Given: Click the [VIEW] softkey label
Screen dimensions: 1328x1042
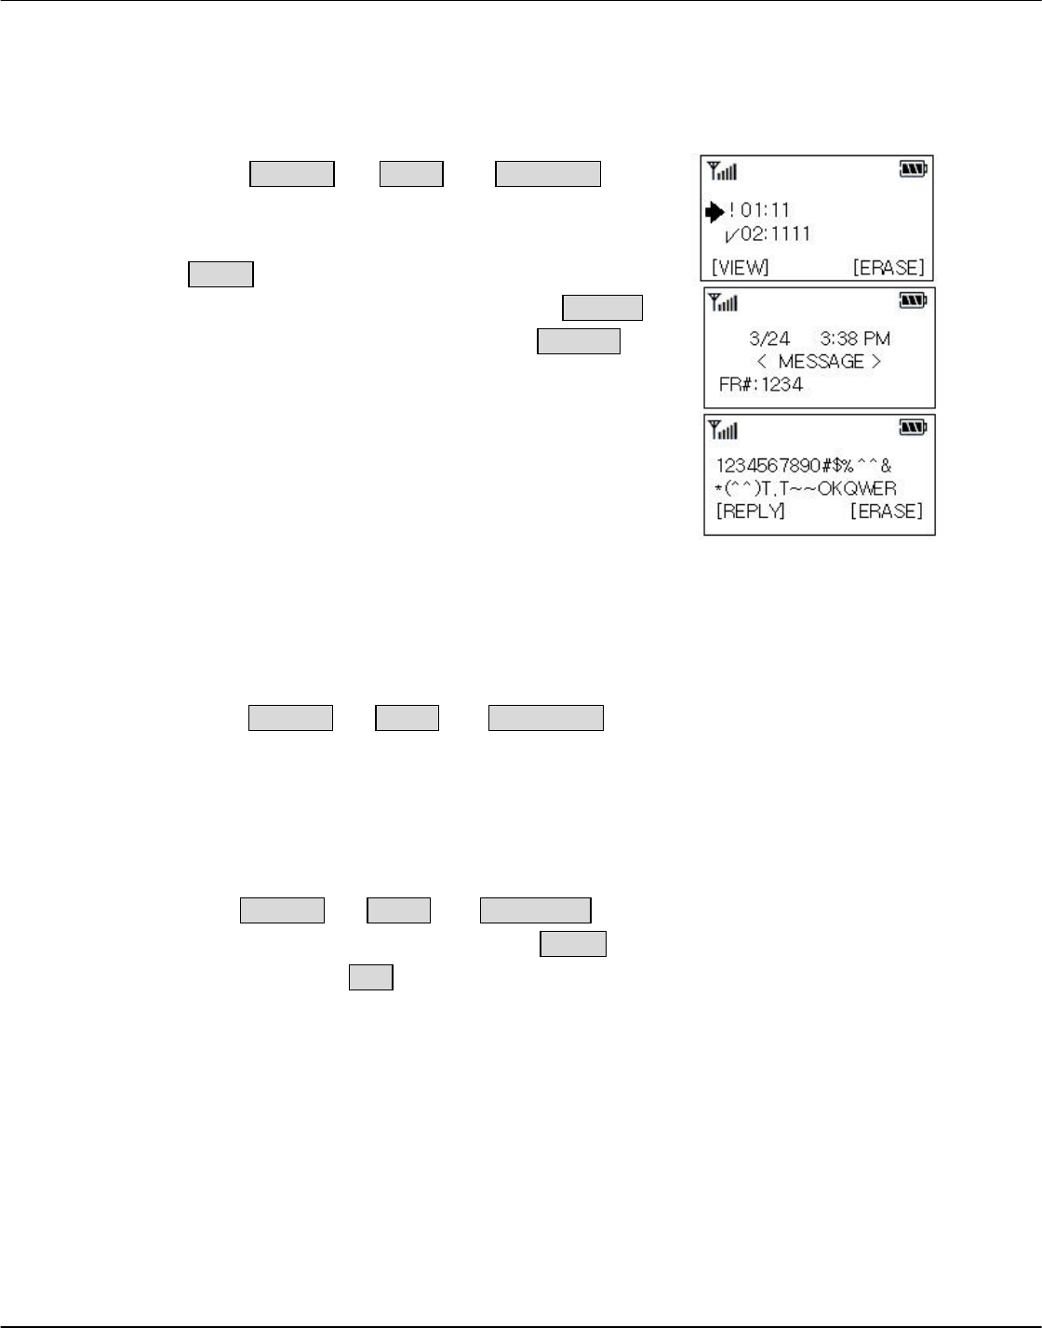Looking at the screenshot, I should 741,268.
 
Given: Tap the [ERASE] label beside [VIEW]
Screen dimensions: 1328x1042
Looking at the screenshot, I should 888,268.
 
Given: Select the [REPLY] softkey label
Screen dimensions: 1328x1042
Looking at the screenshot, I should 750,511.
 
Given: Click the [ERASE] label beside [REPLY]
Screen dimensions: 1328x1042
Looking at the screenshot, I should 887,511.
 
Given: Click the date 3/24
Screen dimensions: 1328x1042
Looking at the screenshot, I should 769,339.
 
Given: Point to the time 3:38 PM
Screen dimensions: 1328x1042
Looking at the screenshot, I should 855,339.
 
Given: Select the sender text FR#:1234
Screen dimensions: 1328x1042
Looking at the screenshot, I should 760,384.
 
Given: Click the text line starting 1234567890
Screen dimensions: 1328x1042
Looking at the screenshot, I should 803,467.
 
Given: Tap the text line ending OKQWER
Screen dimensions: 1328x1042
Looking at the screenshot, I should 806,489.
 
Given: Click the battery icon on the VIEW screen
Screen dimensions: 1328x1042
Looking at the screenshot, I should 913,169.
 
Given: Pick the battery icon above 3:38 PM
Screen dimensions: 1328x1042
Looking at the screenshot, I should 914,300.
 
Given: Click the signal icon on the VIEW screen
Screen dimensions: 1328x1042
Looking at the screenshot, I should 722,170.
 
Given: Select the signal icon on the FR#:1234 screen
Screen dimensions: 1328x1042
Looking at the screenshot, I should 723,301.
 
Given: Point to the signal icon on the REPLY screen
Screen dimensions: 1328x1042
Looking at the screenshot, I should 723,429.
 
